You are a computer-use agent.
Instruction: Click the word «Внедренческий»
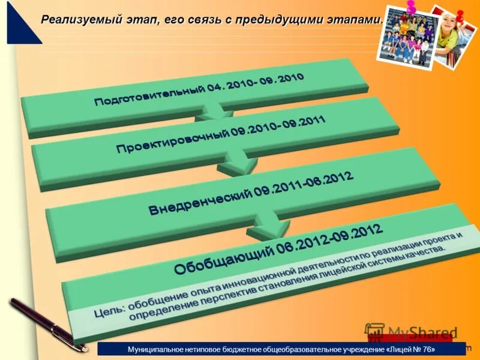click(x=198, y=201)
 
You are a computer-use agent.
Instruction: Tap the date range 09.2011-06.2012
click(x=303, y=182)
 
